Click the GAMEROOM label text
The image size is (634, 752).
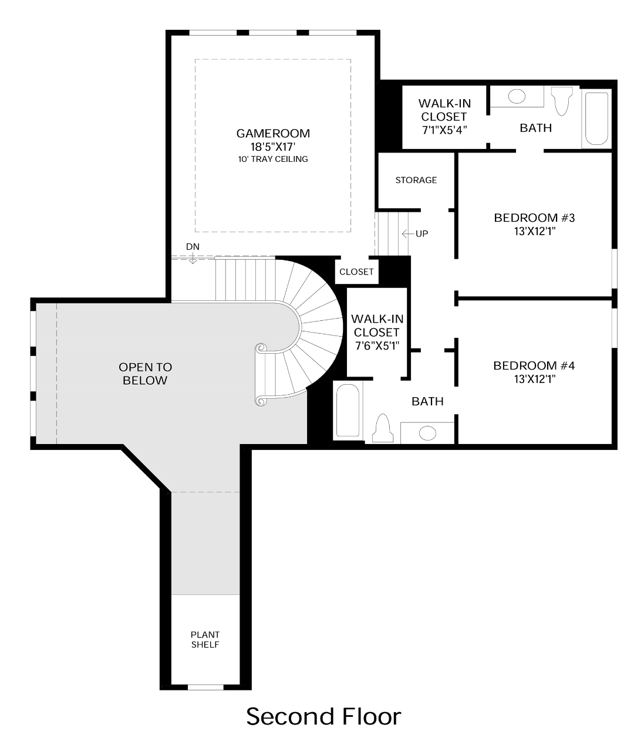[x=272, y=134]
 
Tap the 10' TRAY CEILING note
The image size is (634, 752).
[x=272, y=159]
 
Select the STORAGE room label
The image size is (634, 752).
[x=416, y=180]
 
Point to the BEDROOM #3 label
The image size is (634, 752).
[x=534, y=218]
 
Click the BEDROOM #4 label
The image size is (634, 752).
[x=534, y=366]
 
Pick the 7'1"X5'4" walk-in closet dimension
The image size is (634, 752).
[x=444, y=130]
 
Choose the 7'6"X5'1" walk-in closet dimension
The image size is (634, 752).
[x=377, y=345]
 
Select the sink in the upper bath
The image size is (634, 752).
[x=517, y=96]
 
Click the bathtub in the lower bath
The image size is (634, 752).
[x=348, y=411]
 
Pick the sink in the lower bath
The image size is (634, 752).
[x=427, y=433]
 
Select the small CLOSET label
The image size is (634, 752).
[x=356, y=272]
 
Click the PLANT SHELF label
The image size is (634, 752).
[x=205, y=640]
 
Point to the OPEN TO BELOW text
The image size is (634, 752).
[x=146, y=374]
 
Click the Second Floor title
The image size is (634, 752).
[x=323, y=717]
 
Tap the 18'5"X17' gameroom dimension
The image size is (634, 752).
[x=272, y=147]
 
